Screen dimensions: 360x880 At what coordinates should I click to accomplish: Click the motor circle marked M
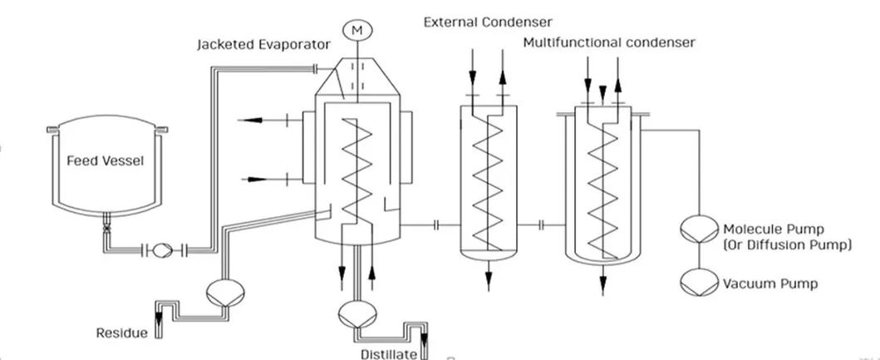pyautogui.click(x=358, y=30)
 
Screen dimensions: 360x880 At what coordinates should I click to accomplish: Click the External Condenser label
pyautogui.click(x=488, y=22)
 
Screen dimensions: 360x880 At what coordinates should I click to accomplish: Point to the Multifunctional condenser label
pyautogui.click(x=609, y=42)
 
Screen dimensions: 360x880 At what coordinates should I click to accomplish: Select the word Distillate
pyautogui.click(x=389, y=354)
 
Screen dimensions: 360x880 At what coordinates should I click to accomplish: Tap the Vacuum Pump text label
pyautogui.click(x=769, y=284)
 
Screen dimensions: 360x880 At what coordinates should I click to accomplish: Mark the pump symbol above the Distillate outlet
pyautogui.click(x=355, y=313)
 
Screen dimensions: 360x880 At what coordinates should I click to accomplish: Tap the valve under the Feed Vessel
pyautogui.click(x=106, y=226)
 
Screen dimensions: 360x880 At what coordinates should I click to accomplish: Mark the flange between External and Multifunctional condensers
pyautogui.click(x=542, y=224)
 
